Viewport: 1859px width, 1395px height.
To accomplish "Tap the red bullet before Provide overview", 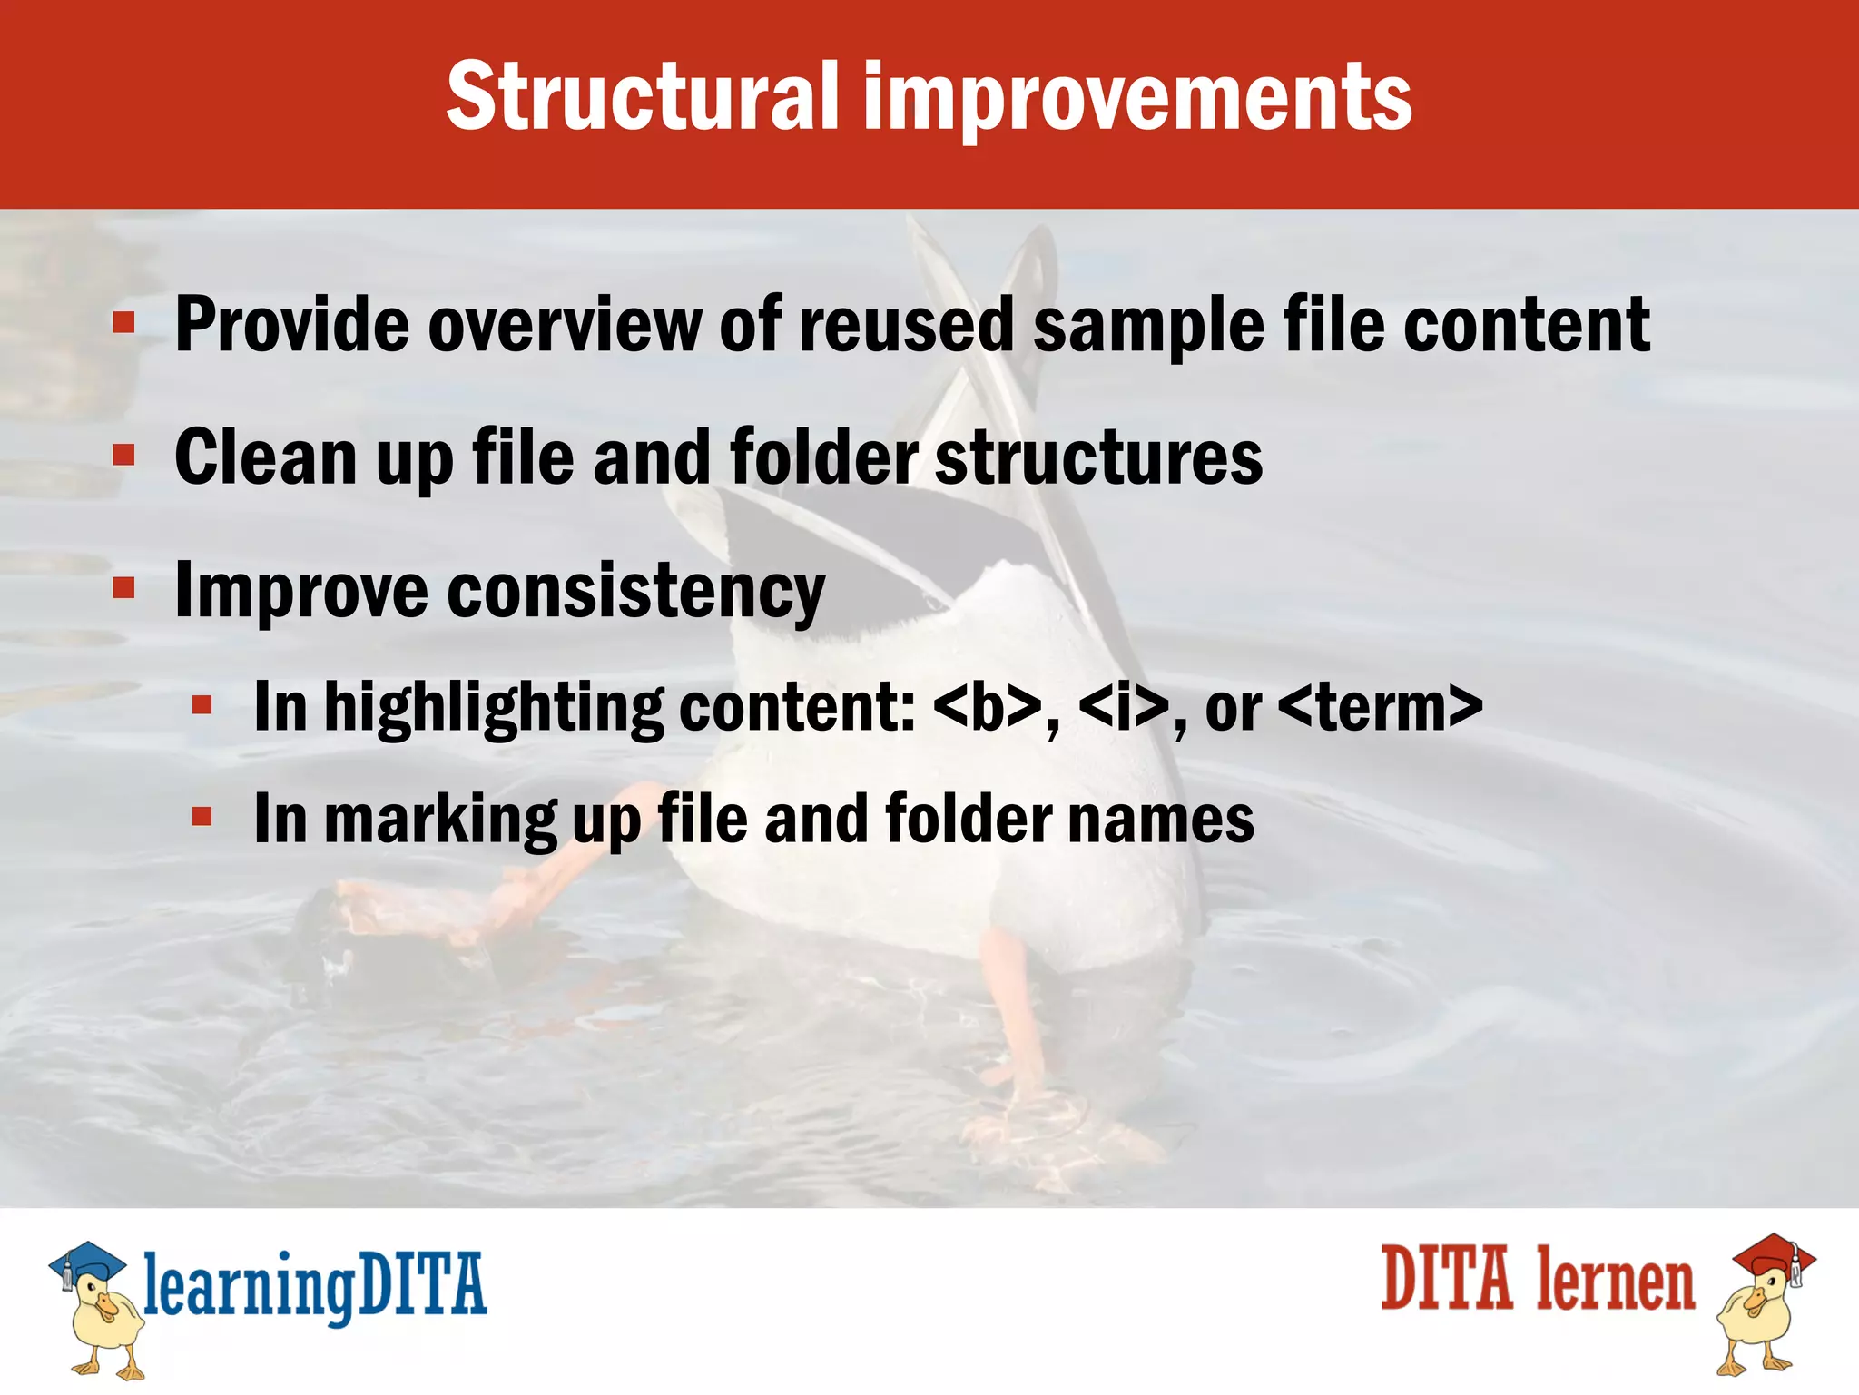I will click(123, 321).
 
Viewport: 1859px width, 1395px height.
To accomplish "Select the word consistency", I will click(635, 592).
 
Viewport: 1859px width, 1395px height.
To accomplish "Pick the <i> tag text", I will click(1123, 708).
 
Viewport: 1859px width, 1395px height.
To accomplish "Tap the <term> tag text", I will click(1380, 708).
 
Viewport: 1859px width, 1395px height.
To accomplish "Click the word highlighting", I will click(494, 708).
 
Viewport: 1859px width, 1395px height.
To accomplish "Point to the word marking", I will click(440, 820).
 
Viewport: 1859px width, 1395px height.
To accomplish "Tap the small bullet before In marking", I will click(202, 817).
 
